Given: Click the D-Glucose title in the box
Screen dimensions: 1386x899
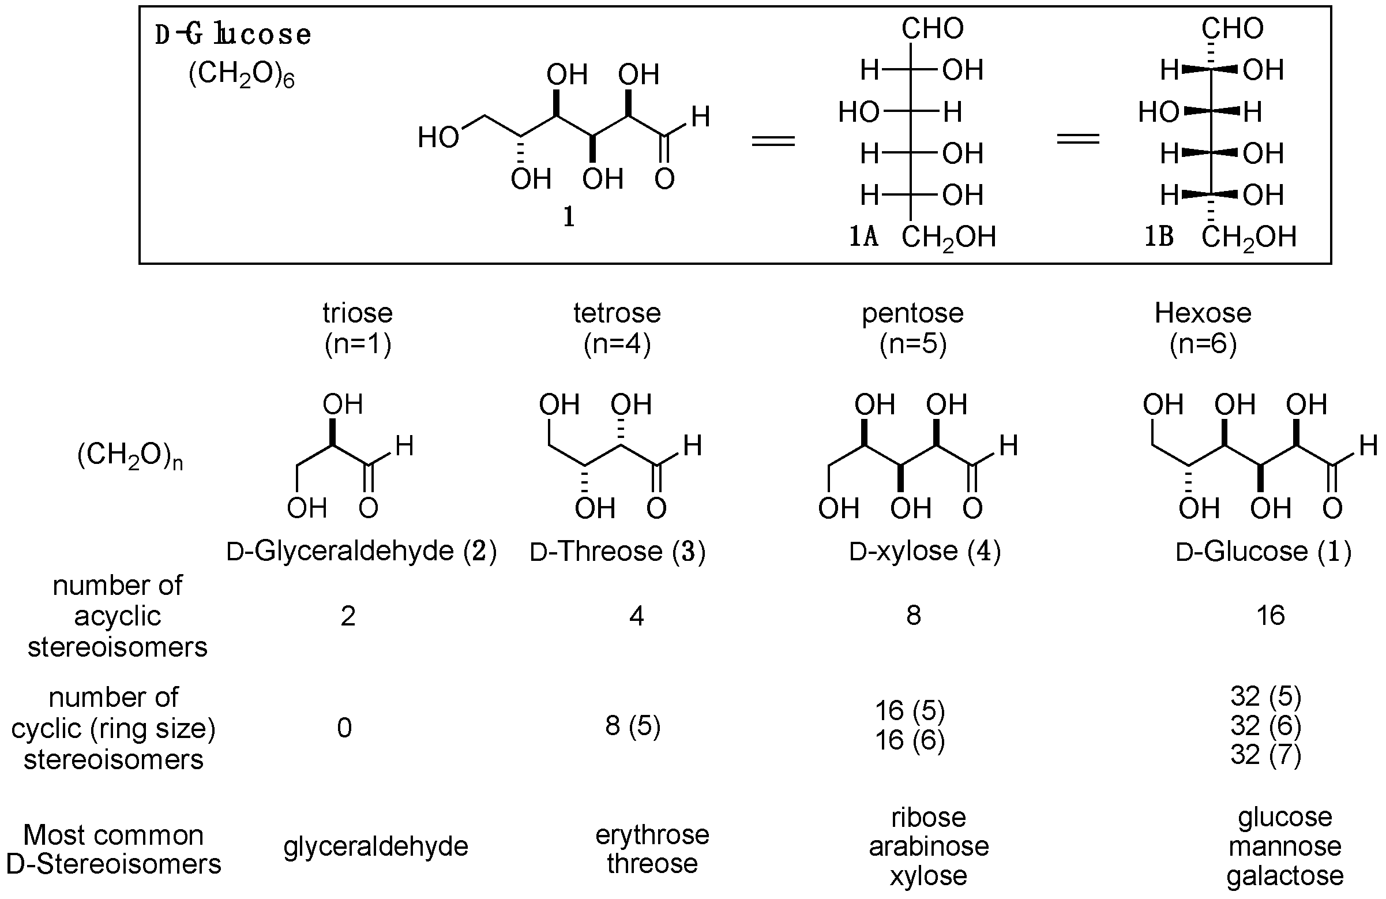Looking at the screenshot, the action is (233, 35).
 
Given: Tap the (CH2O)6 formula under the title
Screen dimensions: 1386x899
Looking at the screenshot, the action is (241, 76).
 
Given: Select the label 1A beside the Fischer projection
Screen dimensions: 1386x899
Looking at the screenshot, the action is (863, 237).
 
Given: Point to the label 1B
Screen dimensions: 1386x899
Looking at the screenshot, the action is (1159, 237).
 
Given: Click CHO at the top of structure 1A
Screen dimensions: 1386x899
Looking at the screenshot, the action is (933, 28).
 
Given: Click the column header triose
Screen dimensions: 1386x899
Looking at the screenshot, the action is (358, 313).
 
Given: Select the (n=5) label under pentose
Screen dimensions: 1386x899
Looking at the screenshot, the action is (912, 344).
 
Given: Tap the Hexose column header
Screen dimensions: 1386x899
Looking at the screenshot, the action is (1203, 313).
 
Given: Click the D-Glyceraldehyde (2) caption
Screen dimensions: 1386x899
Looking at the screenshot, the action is (361, 551).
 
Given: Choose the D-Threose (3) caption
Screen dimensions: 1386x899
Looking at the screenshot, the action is (617, 551).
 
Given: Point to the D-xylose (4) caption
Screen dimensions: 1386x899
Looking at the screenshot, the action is (925, 551).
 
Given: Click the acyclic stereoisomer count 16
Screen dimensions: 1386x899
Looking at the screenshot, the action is (1270, 616).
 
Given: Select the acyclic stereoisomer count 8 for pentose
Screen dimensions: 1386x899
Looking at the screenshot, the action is (913, 616).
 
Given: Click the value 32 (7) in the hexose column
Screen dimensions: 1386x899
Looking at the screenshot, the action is (1265, 755).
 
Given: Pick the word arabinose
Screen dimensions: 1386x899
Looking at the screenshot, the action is (928, 846).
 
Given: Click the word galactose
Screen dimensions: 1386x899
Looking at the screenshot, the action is (1284, 876).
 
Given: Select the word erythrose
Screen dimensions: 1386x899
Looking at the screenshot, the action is (652, 835).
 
